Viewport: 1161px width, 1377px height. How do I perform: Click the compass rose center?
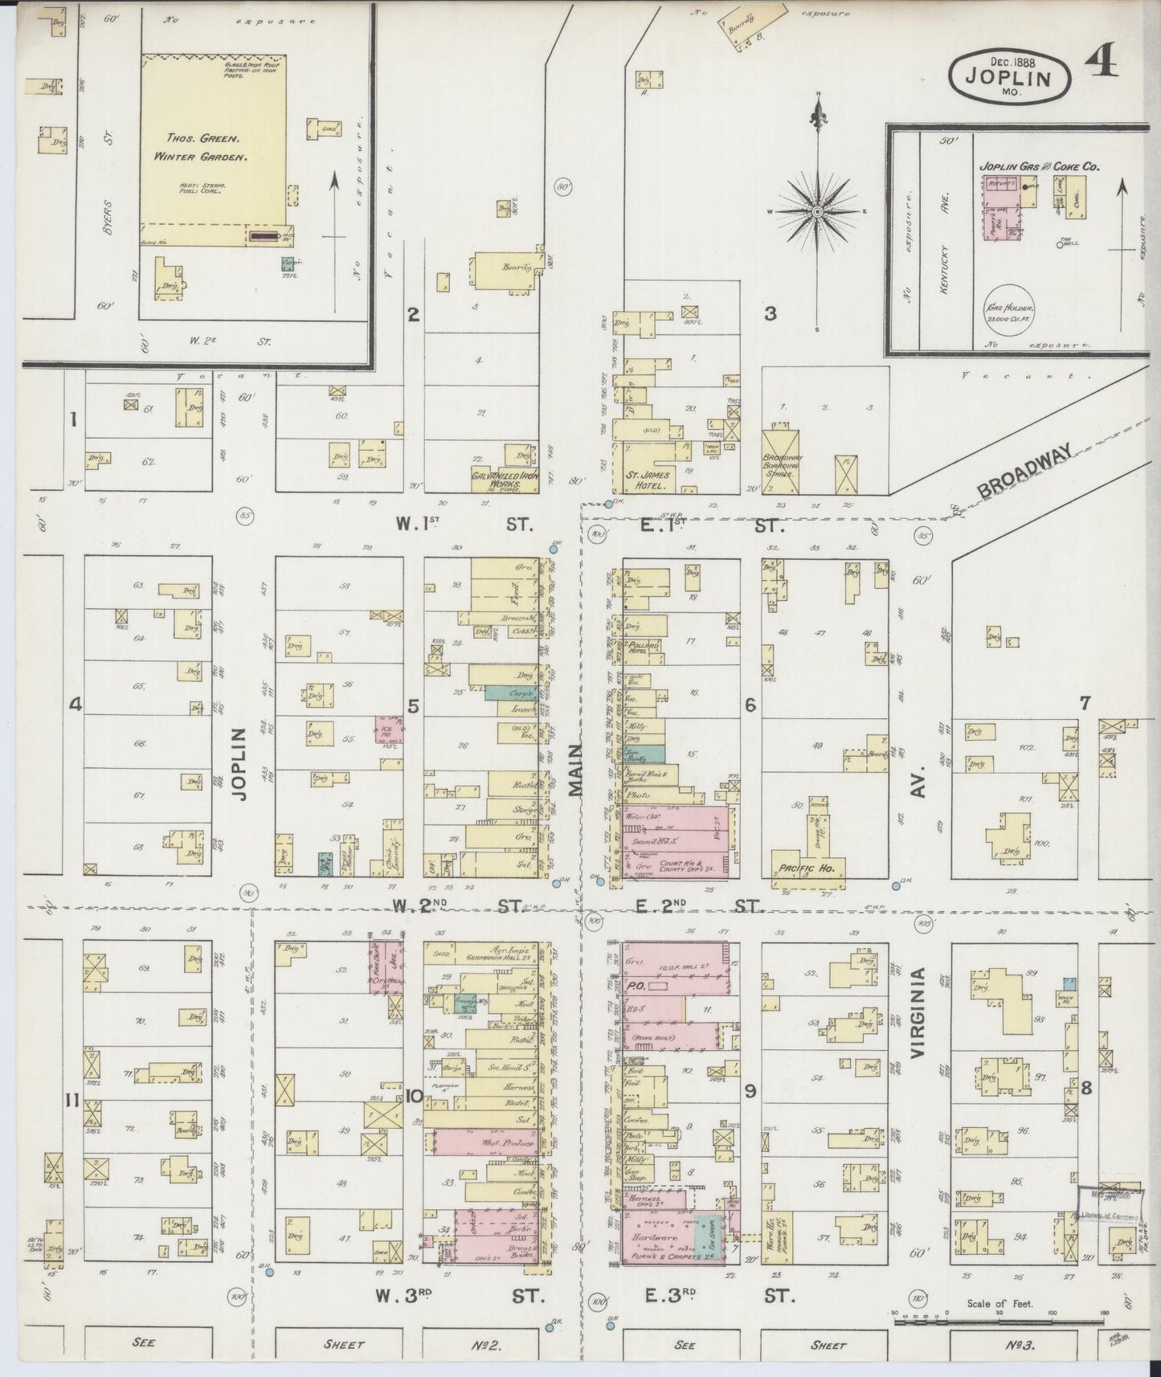pos(817,212)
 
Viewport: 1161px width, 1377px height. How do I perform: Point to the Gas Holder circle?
pos(1012,308)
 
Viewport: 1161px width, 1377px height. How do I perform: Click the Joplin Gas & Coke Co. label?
pos(1039,166)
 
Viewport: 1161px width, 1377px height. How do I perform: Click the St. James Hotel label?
pos(648,480)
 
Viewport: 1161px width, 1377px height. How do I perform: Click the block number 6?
pos(750,705)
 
